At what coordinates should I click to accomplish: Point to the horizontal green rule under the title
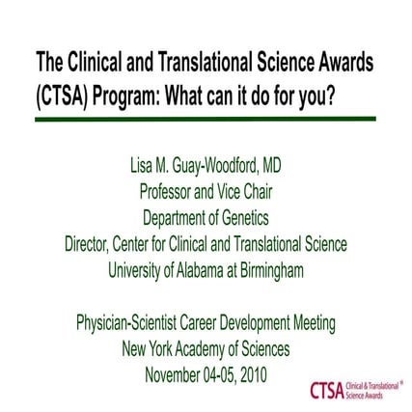[206, 119]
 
